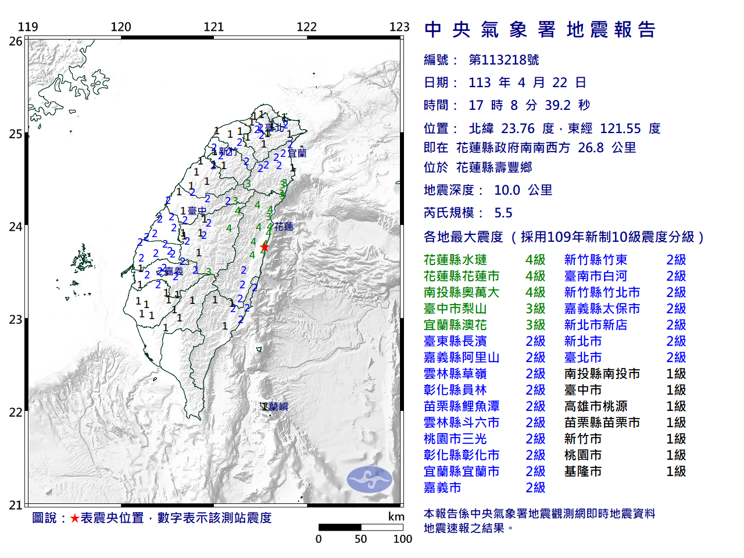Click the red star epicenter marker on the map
click(x=264, y=247)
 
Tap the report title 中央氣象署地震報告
click(x=540, y=30)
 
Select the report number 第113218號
click(x=503, y=60)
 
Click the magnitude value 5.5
click(x=503, y=213)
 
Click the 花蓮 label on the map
click(x=284, y=227)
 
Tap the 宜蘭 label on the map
click(x=296, y=153)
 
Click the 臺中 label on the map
click(x=197, y=211)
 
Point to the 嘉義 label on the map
click(x=174, y=271)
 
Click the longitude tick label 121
click(x=213, y=27)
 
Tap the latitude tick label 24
click(x=16, y=227)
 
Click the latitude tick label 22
click(x=16, y=413)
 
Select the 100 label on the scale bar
click(x=402, y=539)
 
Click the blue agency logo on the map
click(x=370, y=480)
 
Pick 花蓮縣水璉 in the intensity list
click(x=455, y=260)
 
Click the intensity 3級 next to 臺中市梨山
click(x=535, y=309)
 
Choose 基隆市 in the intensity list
click(x=582, y=471)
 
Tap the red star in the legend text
click(x=75, y=518)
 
